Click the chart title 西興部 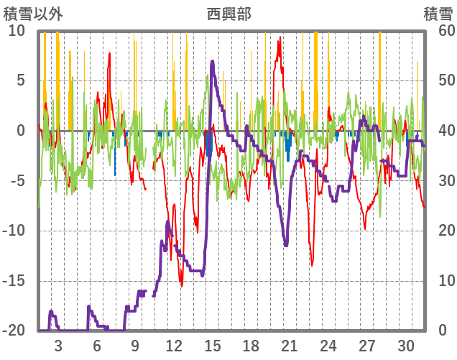(x=228, y=14)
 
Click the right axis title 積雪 (x=438, y=14)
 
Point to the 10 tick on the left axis (x=17, y=31)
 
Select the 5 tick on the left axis (x=20, y=80)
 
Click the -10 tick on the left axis (x=14, y=231)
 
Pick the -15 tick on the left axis (x=14, y=280)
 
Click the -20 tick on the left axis (x=14, y=331)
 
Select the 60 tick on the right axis (x=440, y=31)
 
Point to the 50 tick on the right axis (x=440, y=80)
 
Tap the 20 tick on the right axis (x=440, y=231)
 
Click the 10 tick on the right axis (x=440, y=280)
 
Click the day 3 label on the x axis (x=57, y=345)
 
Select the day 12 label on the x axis (x=173, y=345)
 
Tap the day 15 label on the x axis (x=212, y=345)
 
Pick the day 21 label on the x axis (x=290, y=345)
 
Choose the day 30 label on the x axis (x=406, y=345)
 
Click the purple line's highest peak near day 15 (x=213, y=62)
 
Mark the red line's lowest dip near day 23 (x=313, y=265)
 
